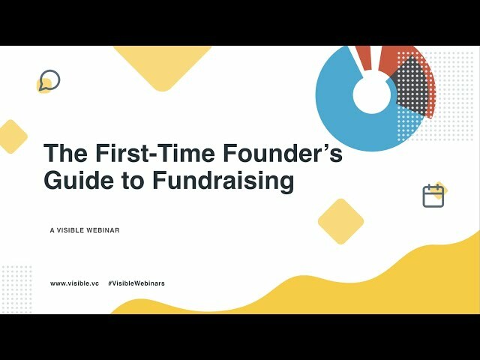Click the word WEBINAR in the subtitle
tap(103, 231)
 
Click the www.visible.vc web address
tap(74, 283)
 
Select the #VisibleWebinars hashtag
tap(136, 283)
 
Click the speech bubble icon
tap(49, 80)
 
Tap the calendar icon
tap(433, 196)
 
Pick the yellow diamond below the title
tap(340, 221)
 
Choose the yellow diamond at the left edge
tap(11, 136)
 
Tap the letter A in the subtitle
tap(52, 231)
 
